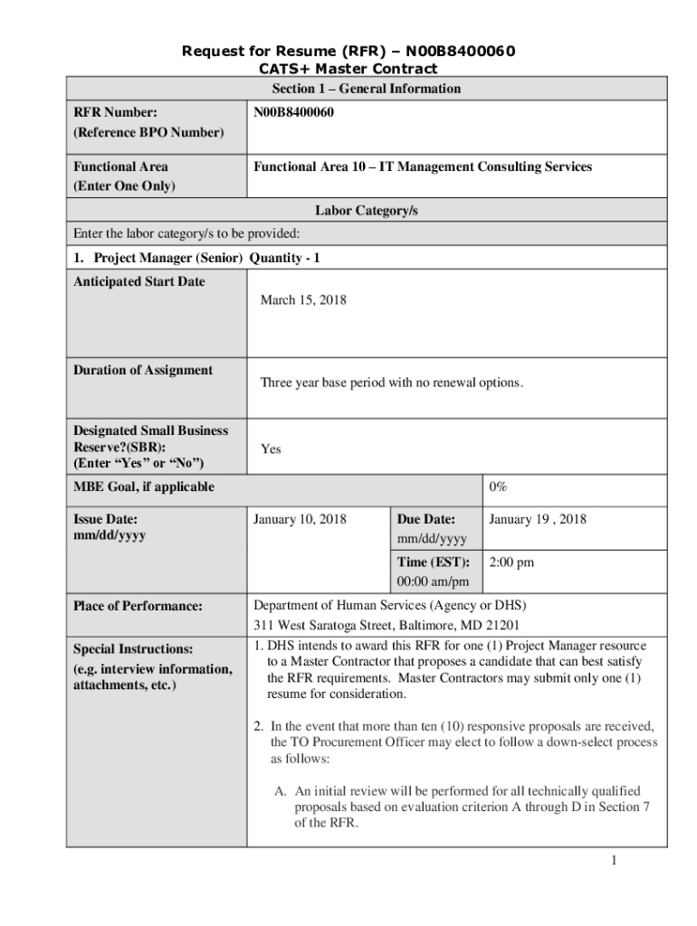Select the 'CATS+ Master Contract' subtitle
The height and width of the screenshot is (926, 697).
tap(348, 69)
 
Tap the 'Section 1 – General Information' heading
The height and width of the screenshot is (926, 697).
tap(366, 89)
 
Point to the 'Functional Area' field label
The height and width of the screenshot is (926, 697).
tap(120, 167)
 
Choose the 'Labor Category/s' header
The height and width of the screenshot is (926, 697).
tap(366, 211)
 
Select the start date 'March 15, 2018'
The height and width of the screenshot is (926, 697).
tap(303, 300)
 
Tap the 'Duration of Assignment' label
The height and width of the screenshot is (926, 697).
tap(143, 370)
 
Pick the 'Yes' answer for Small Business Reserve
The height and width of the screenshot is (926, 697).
tap(271, 449)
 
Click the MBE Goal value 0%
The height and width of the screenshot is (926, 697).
tap(498, 487)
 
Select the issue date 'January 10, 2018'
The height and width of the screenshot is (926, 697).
tap(306, 520)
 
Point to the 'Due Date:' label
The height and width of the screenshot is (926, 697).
tap(425, 520)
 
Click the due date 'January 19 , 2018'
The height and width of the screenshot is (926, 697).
tap(537, 520)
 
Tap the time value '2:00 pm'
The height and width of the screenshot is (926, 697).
tap(511, 562)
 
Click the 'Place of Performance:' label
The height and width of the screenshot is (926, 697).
tap(138, 606)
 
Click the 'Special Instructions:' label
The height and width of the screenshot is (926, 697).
tap(133, 649)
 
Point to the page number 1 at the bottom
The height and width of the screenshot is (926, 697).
tap(613, 860)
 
